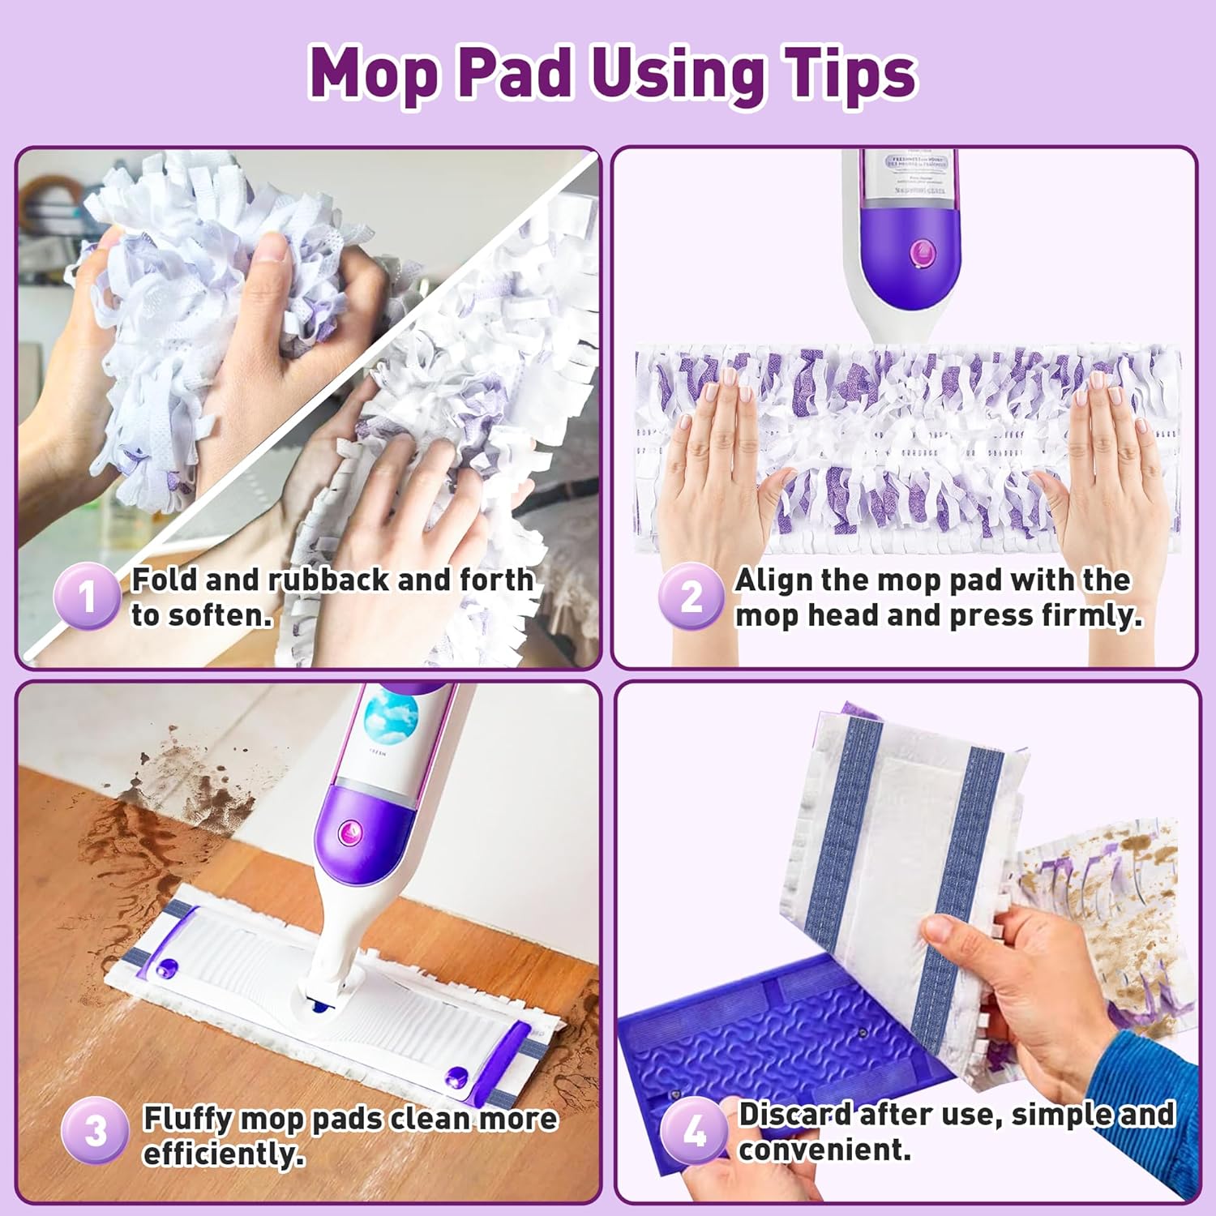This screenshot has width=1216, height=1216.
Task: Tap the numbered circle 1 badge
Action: coord(87,597)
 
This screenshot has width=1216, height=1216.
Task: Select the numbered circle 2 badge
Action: coord(691,597)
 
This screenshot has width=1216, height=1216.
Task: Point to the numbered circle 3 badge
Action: coord(95,1131)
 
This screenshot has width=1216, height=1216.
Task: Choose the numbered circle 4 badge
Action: coord(694,1131)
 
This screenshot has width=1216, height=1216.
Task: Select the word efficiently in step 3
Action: coord(224,1154)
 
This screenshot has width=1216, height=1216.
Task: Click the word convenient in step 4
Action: coord(824,1150)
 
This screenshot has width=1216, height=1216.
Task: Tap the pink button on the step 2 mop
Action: coord(923,252)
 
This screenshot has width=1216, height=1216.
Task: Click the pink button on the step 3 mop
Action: coord(351,831)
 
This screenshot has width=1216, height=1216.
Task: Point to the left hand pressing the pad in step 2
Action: coord(713,462)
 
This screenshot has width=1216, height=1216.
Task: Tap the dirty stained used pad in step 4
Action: coord(1111,916)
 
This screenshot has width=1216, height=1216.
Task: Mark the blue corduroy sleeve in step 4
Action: coord(1159,1111)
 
